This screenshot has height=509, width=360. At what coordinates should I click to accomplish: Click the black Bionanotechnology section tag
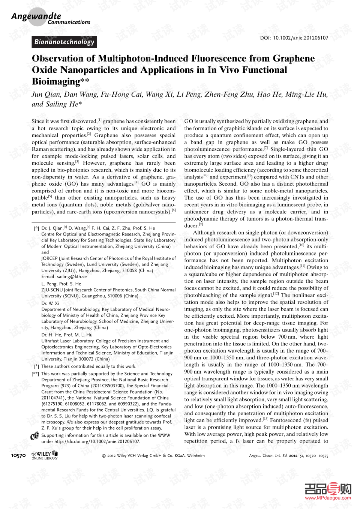[x=64, y=42]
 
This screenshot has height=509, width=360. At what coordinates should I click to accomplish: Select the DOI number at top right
[x=294, y=38]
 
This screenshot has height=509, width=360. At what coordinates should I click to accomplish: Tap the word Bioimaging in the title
[x=56, y=81]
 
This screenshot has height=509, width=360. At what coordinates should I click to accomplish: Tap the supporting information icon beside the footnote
[x=35, y=436]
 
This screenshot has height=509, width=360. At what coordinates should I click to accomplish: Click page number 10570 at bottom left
[x=18, y=455]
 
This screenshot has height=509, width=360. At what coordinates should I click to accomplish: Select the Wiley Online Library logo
[x=45, y=455]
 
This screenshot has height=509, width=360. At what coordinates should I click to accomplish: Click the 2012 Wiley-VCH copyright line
[x=153, y=456]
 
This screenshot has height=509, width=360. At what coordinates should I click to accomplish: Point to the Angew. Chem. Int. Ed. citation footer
[x=288, y=456]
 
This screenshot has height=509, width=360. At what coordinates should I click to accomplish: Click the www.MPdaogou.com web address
[x=328, y=498]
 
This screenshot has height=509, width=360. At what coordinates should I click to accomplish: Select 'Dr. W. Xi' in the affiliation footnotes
[x=50, y=303]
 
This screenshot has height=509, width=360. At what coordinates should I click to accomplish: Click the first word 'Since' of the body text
[x=38, y=121]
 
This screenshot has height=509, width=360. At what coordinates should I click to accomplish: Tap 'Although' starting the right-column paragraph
[x=204, y=233]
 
